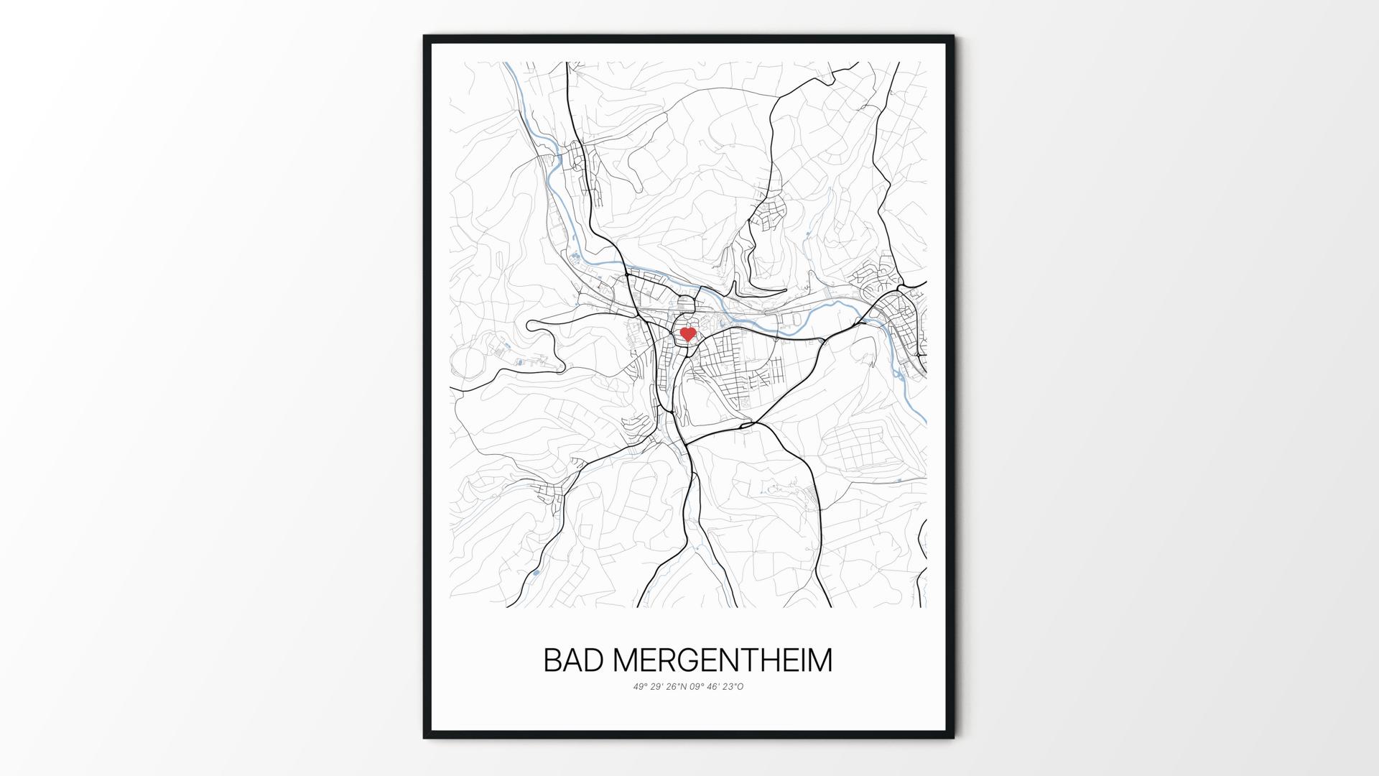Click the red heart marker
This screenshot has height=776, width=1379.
[x=688, y=334]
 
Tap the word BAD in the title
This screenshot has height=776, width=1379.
[x=572, y=660]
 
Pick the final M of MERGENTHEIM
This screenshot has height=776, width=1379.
[x=819, y=660]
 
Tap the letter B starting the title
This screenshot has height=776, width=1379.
[x=552, y=660]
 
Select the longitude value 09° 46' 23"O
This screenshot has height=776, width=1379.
[x=718, y=686]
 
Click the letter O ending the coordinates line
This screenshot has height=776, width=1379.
[x=740, y=686]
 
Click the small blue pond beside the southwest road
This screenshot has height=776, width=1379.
[x=534, y=573]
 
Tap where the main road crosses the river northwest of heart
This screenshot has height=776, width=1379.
[x=627, y=274]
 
